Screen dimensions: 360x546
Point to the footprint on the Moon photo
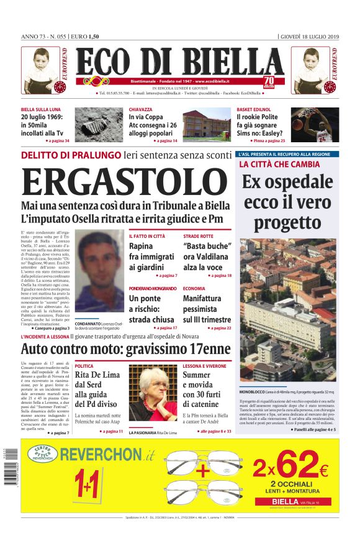[99, 125]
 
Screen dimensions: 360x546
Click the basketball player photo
[315, 125]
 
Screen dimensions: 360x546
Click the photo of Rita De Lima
[153, 393]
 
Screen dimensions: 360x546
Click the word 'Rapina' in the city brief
[141, 247]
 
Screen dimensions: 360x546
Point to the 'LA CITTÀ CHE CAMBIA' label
[279, 165]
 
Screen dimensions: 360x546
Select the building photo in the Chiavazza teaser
[207, 125]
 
